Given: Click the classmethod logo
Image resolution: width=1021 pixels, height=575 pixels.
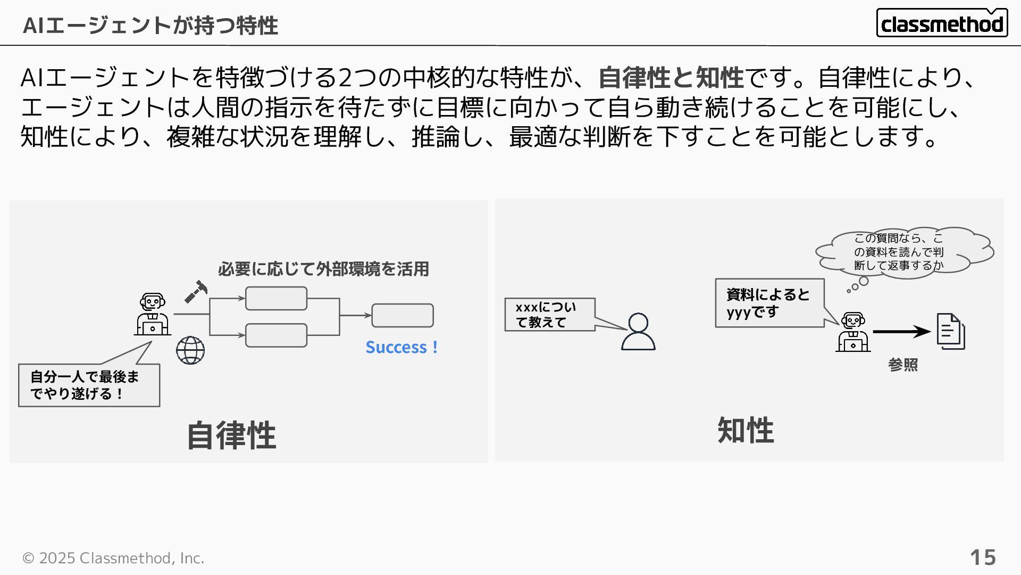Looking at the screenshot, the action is (942, 23).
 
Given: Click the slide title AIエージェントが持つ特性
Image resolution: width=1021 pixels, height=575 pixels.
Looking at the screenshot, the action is (150, 25).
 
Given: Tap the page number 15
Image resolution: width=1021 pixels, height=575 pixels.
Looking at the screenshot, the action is (983, 557).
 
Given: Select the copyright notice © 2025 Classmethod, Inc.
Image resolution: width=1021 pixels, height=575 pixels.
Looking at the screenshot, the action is (113, 558).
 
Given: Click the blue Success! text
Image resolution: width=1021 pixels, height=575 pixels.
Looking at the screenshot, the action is (401, 347).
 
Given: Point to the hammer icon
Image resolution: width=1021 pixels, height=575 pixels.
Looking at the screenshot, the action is (196, 292).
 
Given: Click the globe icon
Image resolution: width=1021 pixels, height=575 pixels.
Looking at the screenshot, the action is (190, 350).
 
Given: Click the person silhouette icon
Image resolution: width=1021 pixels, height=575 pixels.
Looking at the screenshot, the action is (638, 332).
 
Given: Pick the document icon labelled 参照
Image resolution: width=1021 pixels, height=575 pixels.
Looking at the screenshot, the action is (951, 331).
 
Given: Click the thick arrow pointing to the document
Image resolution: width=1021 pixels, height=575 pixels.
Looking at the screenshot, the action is (901, 332).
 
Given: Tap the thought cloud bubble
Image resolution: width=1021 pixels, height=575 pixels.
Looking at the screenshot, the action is (903, 251).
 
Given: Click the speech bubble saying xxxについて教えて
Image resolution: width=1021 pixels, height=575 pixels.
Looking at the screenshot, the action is (549, 315).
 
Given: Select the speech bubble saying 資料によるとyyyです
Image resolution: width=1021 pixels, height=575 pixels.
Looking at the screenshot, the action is (769, 303).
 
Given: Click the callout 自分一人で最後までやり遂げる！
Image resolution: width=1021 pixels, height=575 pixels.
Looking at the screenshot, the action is (89, 385).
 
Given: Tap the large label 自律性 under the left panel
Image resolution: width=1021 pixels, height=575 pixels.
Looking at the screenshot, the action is (231, 435).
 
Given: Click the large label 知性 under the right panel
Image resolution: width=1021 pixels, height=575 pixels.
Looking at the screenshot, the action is (746, 430).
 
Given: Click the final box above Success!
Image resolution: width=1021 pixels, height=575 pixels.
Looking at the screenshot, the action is (403, 315).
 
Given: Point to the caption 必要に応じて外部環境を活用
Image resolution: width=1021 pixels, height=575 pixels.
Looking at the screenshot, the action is (323, 269).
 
